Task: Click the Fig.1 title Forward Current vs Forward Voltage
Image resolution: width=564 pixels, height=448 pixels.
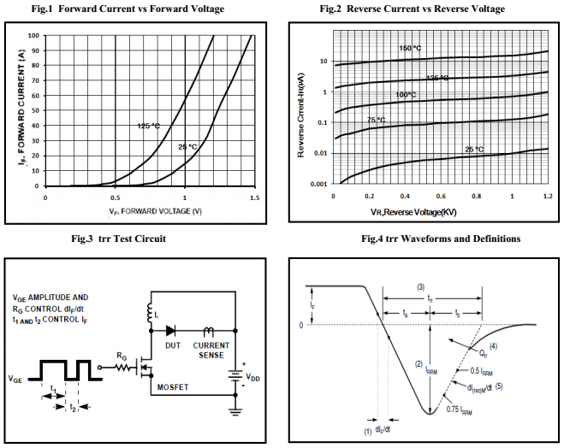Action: (140, 9)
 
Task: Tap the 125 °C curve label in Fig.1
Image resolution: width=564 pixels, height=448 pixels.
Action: (148, 126)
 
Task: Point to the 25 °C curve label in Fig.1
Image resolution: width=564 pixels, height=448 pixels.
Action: (187, 147)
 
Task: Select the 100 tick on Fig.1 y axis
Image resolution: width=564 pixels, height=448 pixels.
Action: (33, 36)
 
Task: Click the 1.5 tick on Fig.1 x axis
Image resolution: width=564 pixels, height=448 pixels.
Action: (254, 197)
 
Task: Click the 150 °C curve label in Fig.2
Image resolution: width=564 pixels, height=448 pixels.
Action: (411, 48)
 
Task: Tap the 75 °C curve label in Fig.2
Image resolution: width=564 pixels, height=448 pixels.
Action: (377, 121)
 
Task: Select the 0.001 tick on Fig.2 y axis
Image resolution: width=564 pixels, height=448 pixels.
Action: (318, 185)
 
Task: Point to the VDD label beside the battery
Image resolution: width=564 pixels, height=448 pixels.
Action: (252, 375)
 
